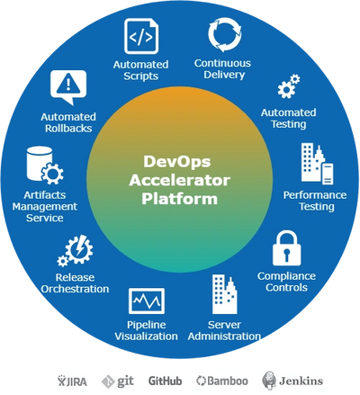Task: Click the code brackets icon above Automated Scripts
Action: click(141, 36)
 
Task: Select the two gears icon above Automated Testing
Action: click(289, 86)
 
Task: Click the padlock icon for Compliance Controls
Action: click(286, 248)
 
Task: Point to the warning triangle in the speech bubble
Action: click(68, 83)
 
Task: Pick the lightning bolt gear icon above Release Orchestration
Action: click(76, 251)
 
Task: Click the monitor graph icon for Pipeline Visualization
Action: click(147, 301)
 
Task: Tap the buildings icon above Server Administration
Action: click(224, 294)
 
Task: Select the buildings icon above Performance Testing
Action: click(317, 164)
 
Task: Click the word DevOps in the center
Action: click(177, 161)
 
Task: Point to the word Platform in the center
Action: click(179, 199)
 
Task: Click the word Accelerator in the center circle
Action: click(180, 180)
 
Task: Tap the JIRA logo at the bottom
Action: click(72, 381)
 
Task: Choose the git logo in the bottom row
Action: click(118, 382)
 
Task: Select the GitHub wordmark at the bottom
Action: click(166, 381)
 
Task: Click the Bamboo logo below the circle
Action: click(222, 381)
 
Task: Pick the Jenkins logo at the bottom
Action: click(292, 381)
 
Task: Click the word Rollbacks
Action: click(68, 129)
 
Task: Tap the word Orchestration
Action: click(75, 289)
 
